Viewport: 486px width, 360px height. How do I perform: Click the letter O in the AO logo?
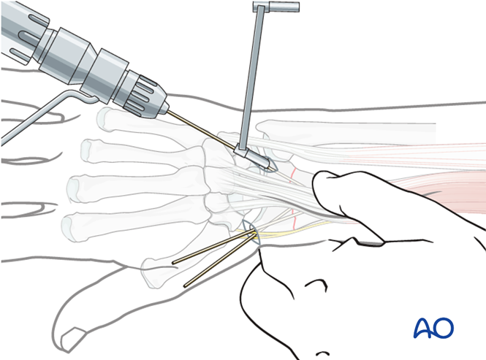pyautogui.click(x=444, y=328)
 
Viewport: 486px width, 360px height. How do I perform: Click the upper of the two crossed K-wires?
pyautogui.click(x=212, y=248)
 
